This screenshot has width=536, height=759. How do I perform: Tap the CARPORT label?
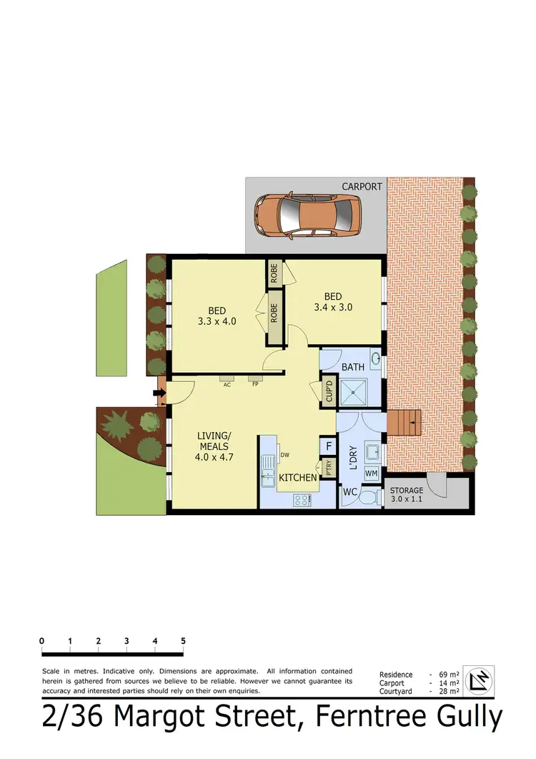pyautogui.click(x=362, y=187)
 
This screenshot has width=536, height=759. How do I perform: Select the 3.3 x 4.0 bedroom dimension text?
pyautogui.click(x=217, y=321)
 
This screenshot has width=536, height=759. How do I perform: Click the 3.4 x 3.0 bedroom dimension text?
pyautogui.click(x=333, y=308)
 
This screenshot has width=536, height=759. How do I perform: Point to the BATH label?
pyautogui.click(x=353, y=367)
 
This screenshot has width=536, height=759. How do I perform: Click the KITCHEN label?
pyautogui.click(x=298, y=477)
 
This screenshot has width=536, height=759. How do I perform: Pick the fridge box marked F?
pyautogui.click(x=328, y=446)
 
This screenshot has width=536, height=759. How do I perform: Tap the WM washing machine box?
pyautogui.click(x=372, y=474)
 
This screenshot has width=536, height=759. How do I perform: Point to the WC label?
pyautogui.click(x=349, y=492)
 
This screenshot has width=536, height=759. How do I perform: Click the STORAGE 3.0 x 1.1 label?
pyautogui.click(x=407, y=494)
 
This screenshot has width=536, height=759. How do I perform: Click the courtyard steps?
pyautogui.click(x=404, y=423)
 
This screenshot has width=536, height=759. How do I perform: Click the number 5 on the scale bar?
pyautogui.click(x=183, y=641)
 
